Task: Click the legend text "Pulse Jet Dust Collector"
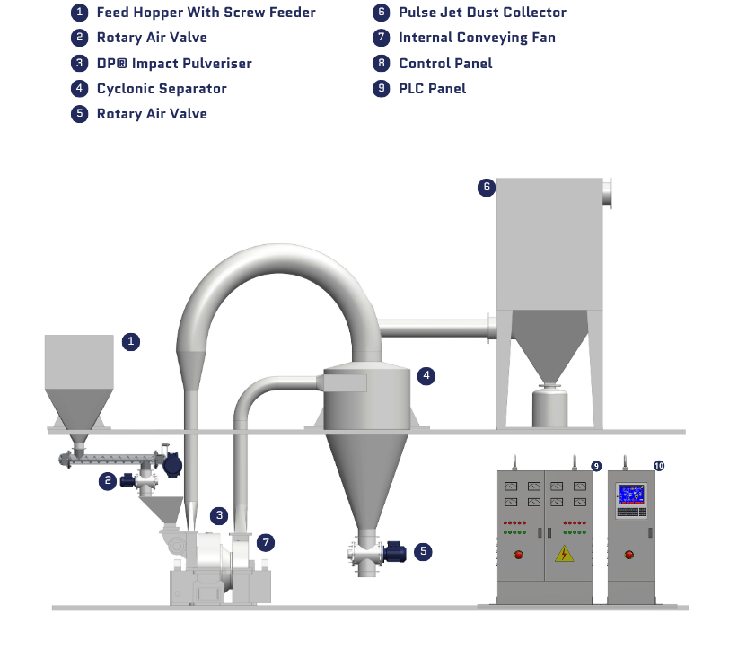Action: [482, 13]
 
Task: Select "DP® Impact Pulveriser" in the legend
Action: [174, 63]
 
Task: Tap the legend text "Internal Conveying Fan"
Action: [477, 38]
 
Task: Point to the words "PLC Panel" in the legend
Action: [433, 88]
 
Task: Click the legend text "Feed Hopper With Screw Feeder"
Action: [206, 13]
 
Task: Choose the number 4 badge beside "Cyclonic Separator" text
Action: [80, 88]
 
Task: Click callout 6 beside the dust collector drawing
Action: [487, 188]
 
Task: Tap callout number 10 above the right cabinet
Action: [659, 466]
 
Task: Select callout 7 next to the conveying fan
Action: [266, 542]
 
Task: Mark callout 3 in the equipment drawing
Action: [219, 515]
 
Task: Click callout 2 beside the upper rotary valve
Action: [108, 481]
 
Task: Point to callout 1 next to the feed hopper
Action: [131, 342]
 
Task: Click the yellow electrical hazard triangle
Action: [564, 553]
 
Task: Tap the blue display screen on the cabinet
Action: [631, 495]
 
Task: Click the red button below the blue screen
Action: [629, 554]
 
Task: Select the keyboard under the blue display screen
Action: [631, 512]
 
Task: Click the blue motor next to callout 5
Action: [395, 552]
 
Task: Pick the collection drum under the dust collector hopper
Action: [549, 408]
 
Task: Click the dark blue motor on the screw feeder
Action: [172, 465]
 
